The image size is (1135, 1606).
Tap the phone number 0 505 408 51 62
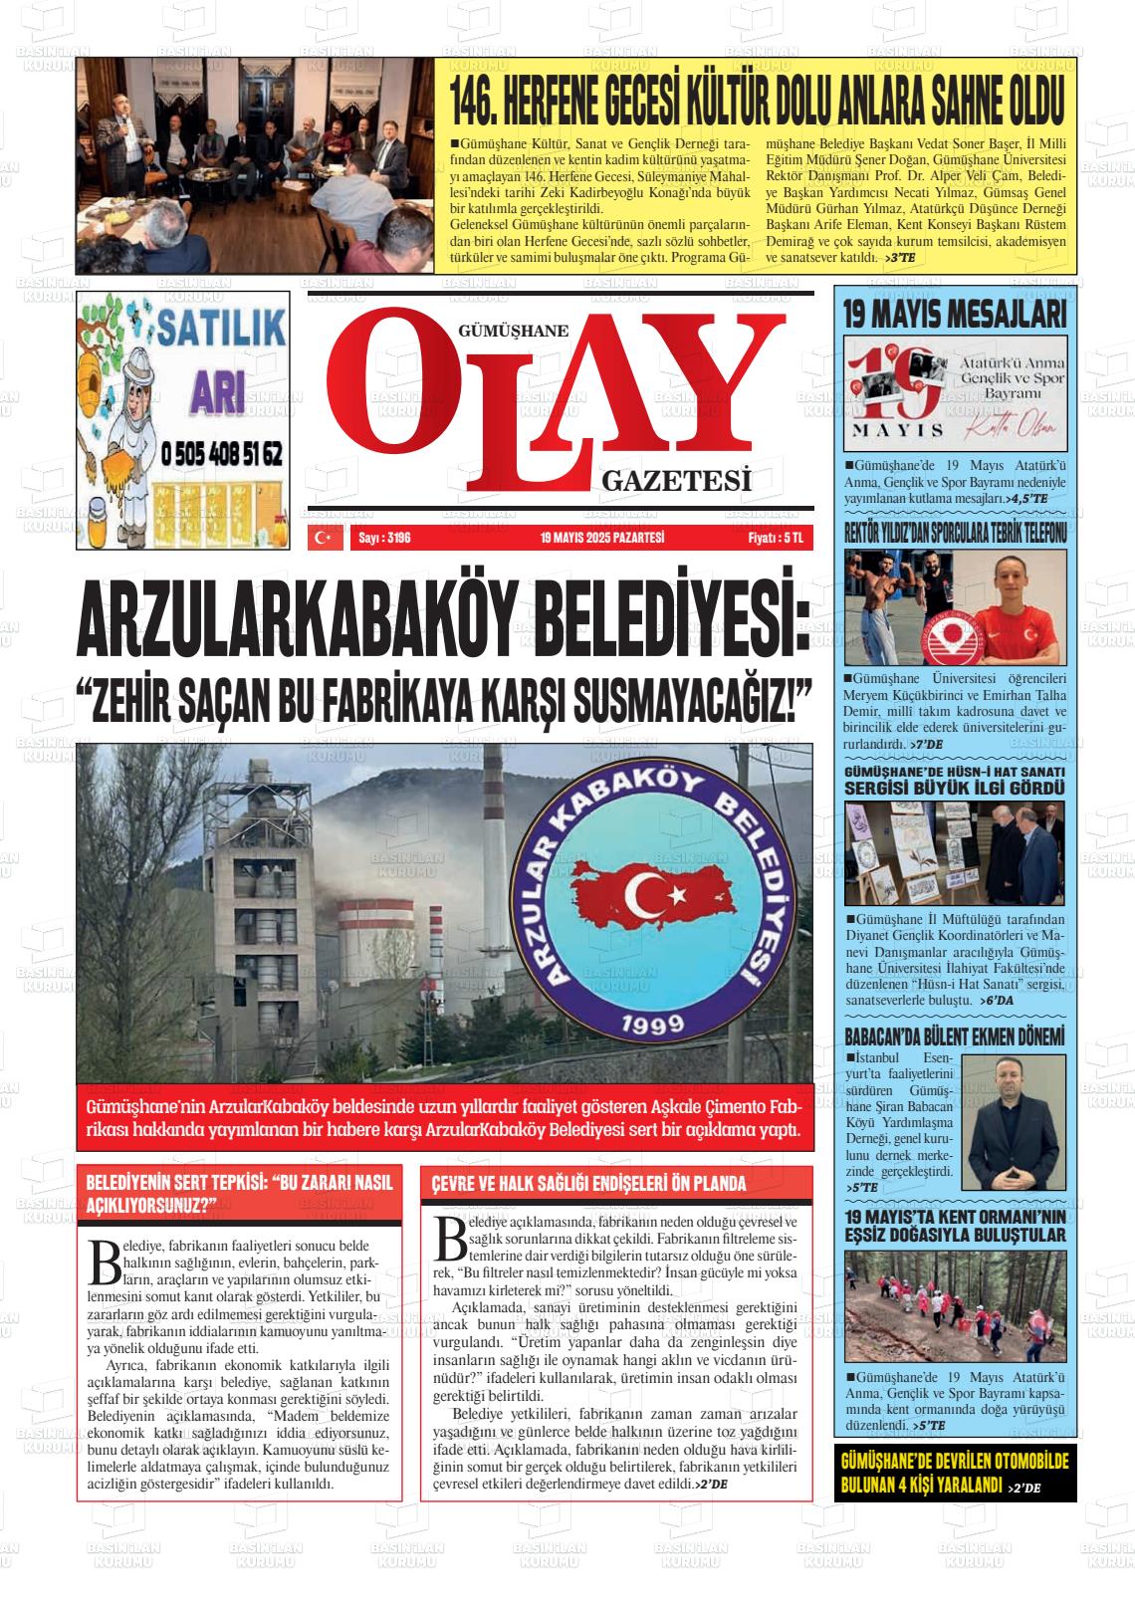pyautogui.click(x=221, y=455)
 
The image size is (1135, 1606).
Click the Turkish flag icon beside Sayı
pyautogui.click(x=323, y=538)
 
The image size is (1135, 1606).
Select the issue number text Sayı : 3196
pyautogui.click(x=383, y=538)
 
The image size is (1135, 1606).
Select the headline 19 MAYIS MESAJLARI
pyautogui.click(x=955, y=315)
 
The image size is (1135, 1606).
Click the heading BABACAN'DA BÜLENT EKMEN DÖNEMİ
pyautogui.click(x=955, y=1036)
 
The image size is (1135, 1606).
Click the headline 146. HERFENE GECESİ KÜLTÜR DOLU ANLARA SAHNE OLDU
pyautogui.click(x=757, y=97)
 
